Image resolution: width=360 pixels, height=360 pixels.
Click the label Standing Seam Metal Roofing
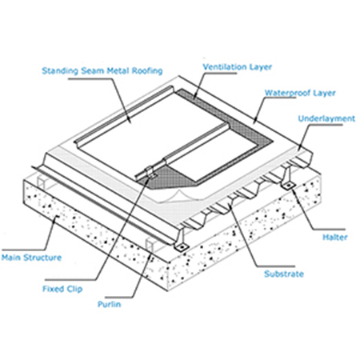point(102,70)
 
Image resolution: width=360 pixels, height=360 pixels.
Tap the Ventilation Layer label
point(238,66)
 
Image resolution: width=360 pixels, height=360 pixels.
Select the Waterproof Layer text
point(300,93)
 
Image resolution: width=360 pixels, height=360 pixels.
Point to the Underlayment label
point(326,118)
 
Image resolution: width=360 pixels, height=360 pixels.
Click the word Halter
point(335,237)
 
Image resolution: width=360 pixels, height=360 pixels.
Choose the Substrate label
point(284,274)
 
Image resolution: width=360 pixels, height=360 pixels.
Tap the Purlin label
point(110,304)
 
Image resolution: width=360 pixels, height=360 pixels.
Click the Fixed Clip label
point(62,289)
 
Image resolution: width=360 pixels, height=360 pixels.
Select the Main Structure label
point(31,258)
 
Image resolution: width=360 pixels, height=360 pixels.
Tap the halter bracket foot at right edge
point(287,185)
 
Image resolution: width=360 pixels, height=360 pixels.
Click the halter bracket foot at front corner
point(182,246)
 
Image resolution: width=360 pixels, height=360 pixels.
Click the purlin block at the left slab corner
point(41,182)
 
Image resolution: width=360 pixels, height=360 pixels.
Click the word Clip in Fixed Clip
point(74,289)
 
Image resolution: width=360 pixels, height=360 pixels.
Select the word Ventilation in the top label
point(221,66)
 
